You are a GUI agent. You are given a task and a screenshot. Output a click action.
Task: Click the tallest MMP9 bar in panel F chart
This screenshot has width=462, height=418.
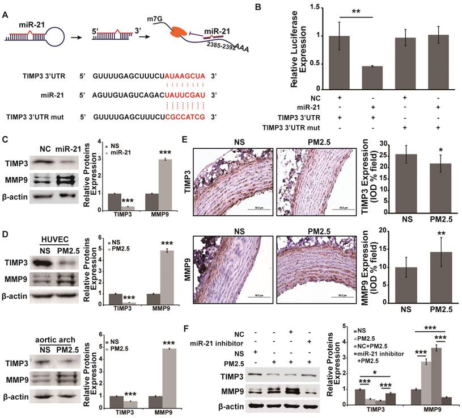point(436,370)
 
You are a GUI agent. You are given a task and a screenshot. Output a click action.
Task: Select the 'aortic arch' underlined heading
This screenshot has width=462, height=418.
point(49,332)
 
